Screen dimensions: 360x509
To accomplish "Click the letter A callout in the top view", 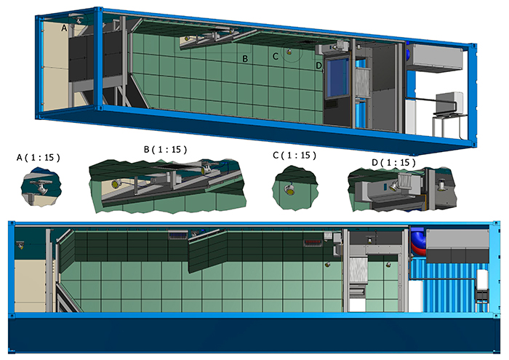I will click(x=64, y=27).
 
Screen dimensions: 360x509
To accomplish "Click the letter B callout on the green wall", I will click(x=246, y=58).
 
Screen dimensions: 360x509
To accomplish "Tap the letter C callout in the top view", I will click(x=276, y=56).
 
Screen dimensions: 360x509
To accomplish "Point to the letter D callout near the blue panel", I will click(x=319, y=65).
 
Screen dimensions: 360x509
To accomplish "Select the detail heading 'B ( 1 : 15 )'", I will click(x=166, y=149).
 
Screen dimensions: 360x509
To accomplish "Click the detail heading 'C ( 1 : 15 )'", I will click(x=295, y=156).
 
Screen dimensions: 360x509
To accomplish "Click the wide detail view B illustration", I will click(x=164, y=182).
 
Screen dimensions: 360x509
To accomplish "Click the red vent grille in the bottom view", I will click(x=314, y=241).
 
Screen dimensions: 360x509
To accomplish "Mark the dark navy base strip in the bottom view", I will click(x=254, y=338).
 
